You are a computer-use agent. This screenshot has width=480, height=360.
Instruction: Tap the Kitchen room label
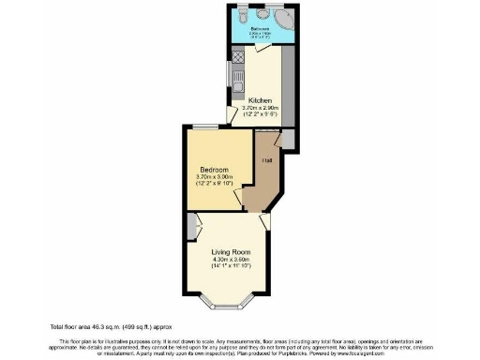(x=260, y=99)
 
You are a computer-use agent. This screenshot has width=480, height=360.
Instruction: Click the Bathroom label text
(x=260, y=29)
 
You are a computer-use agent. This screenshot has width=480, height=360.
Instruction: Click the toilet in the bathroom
(x=244, y=16)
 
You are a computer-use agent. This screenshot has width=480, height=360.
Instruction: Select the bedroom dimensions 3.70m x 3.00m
(x=213, y=177)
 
